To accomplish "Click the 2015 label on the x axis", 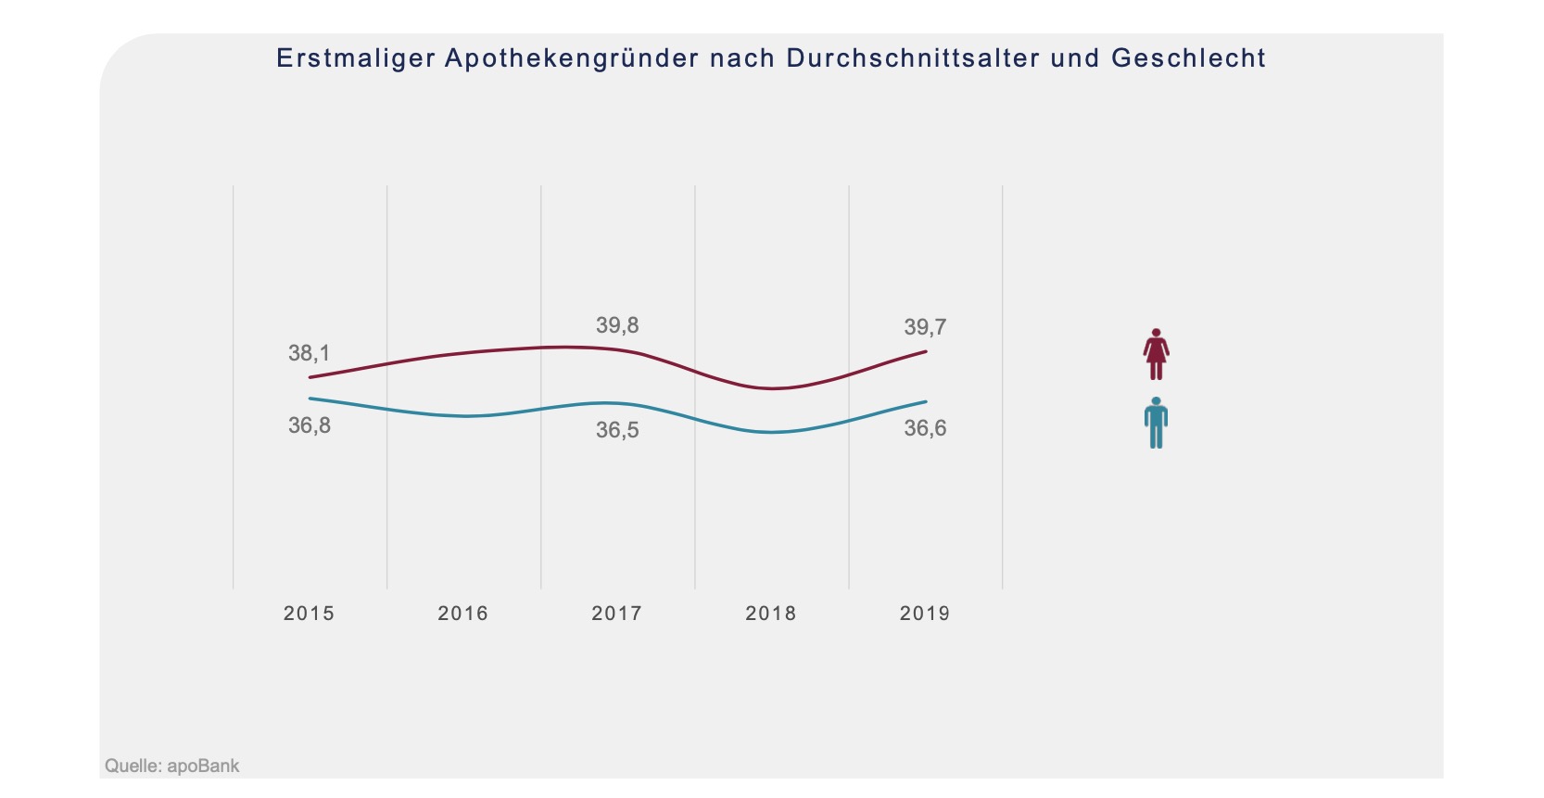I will (309, 614).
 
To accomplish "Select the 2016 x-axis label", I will (462, 614).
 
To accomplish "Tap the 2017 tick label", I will (616, 614).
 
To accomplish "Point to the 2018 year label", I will (770, 614).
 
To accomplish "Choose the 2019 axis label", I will (924, 614).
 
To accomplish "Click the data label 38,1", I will (309, 353).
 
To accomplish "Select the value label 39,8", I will (617, 325).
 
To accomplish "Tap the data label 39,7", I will (925, 327).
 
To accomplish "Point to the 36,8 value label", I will (309, 425).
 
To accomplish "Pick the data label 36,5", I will (617, 430).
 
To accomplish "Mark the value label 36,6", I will (925, 428).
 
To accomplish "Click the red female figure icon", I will (1156, 354).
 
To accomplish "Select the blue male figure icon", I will (1156, 423).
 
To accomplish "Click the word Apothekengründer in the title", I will (572, 58).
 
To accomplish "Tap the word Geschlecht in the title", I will (1188, 58).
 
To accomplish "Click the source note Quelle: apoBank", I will (172, 766).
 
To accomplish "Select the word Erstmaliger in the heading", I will (356, 58).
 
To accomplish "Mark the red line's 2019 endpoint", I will (926, 352).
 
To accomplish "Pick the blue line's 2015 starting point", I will (310, 399).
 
